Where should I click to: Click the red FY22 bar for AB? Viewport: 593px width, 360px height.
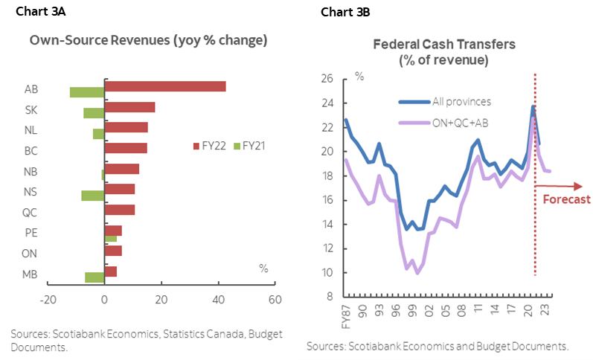(165, 86)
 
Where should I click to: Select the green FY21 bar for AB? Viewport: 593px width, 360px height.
(87, 92)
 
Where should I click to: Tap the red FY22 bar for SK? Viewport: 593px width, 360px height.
(130, 107)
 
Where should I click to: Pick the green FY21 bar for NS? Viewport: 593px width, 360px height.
(93, 195)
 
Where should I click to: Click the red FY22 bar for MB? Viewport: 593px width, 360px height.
(111, 271)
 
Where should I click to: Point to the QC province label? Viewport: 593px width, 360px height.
(31, 211)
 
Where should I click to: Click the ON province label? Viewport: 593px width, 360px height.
(31, 253)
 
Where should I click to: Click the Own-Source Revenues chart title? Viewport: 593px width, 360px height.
(148, 41)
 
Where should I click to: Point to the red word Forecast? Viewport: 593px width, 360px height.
(566, 199)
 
